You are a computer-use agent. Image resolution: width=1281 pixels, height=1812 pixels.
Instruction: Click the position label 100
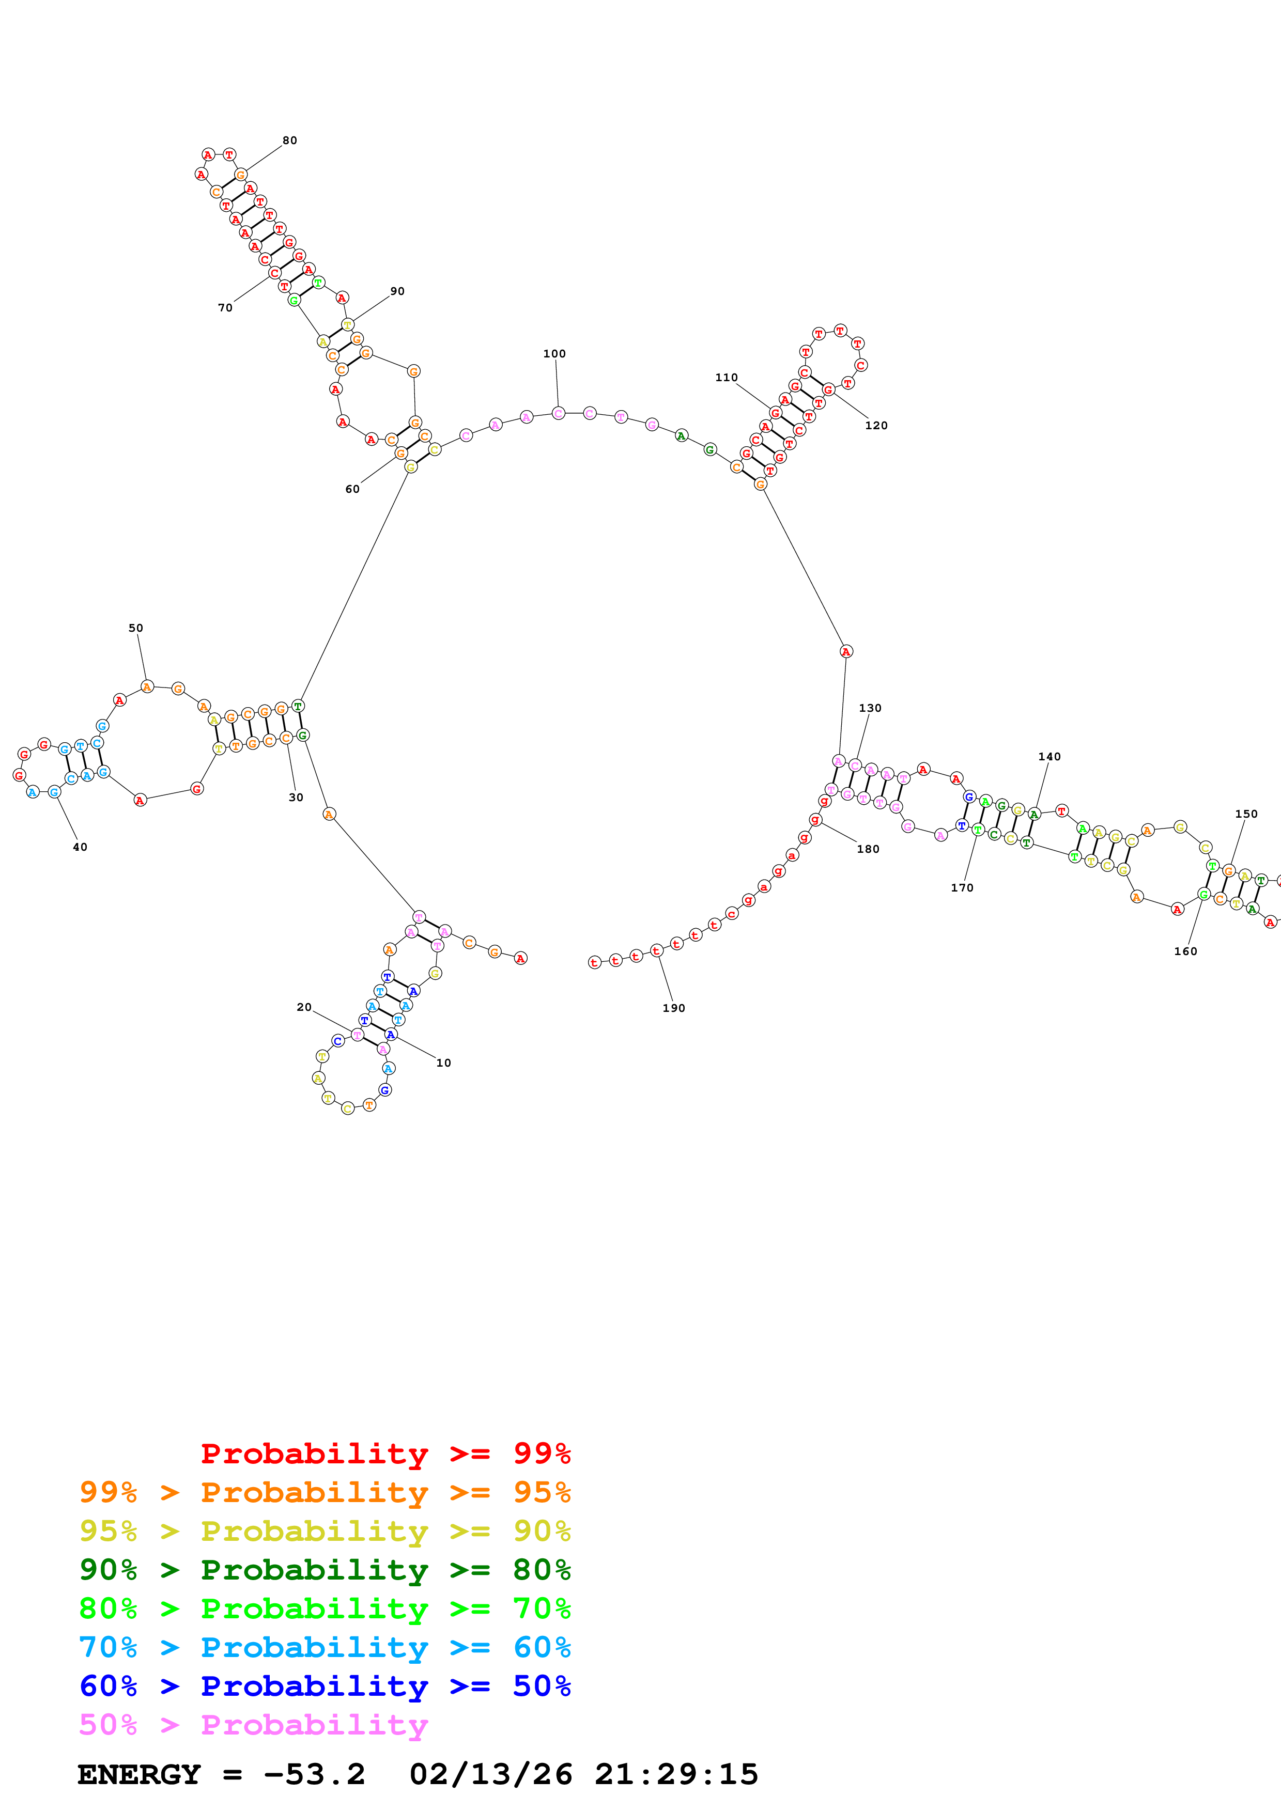tap(554, 353)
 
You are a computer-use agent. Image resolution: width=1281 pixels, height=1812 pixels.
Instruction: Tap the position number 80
tap(290, 140)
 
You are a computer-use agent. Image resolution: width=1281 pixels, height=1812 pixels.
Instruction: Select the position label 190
tap(673, 1008)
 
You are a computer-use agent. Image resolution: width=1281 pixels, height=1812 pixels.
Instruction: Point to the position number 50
tap(136, 628)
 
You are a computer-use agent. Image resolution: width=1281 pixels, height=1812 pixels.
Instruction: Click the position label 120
tap(876, 426)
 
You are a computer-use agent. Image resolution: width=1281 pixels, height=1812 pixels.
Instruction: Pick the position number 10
tap(443, 1063)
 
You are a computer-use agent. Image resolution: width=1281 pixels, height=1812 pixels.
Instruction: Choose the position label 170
tap(961, 888)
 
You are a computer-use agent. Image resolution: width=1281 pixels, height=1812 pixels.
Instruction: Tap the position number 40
tap(80, 847)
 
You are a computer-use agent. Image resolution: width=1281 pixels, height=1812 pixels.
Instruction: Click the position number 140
tap(1049, 756)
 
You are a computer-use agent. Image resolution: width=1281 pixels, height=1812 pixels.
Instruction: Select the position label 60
tap(352, 489)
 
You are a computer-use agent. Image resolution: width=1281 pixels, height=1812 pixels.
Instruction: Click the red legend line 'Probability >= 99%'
tap(385, 1453)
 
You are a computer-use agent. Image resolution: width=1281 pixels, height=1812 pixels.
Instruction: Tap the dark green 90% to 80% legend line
tap(325, 1570)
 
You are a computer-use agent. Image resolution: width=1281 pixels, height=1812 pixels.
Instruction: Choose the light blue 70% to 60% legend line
tap(325, 1647)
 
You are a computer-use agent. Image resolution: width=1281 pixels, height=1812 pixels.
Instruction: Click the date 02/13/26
tap(490, 1774)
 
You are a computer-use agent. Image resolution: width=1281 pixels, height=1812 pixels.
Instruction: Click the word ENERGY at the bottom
tap(139, 1774)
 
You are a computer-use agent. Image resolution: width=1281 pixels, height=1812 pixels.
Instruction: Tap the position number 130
tap(870, 708)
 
